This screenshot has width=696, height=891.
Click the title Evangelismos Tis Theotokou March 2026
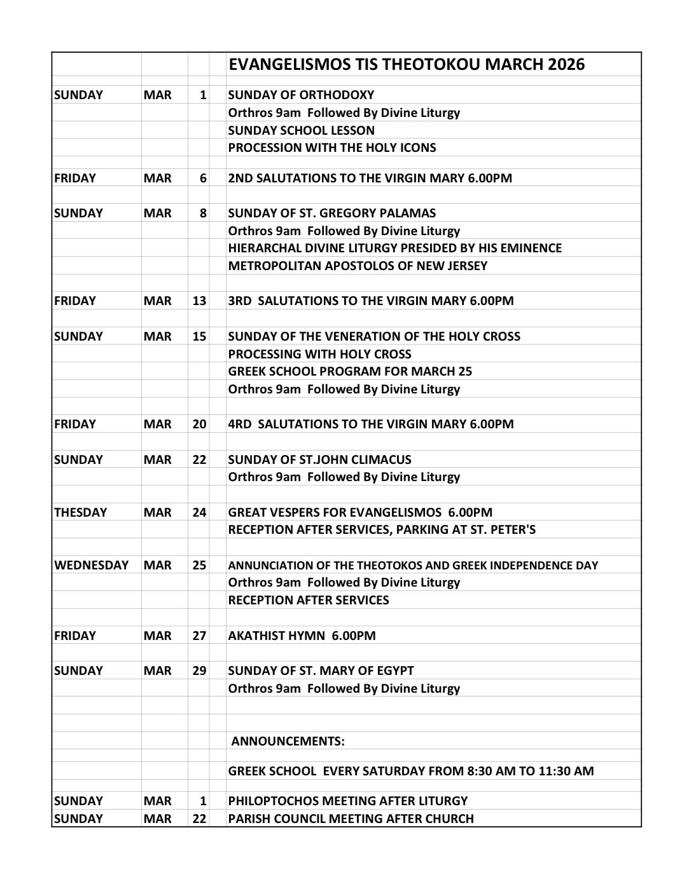click(x=406, y=64)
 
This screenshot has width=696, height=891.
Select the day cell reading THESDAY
click(x=81, y=512)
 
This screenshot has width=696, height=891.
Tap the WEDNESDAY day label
click(x=91, y=565)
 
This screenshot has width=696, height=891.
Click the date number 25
click(x=199, y=565)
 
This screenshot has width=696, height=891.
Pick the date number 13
click(x=199, y=301)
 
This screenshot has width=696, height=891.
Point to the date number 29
click(x=199, y=670)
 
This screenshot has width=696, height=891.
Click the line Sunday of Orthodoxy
click(x=301, y=95)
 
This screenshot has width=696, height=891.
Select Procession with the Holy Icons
click(x=332, y=147)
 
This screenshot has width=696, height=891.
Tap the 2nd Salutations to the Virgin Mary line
click(x=370, y=178)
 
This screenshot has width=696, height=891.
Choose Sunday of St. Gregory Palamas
click(x=331, y=213)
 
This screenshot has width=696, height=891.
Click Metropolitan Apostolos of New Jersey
click(x=358, y=266)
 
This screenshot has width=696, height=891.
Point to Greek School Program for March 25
click(x=350, y=371)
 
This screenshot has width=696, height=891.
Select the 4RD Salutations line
click(x=370, y=424)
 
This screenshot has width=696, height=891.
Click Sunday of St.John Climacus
click(x=319, y=459)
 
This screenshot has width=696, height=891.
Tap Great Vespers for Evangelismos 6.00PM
click(x=360, y=512)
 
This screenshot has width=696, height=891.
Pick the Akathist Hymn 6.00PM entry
click(x=302, y=636)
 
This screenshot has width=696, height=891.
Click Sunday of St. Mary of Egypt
click(x=321, y=670)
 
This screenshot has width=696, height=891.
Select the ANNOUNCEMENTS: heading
click(x=288, y=741)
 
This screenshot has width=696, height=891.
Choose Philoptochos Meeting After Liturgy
click(x=347, y=801)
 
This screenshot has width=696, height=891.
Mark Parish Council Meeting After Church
click(x=351, y=819)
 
